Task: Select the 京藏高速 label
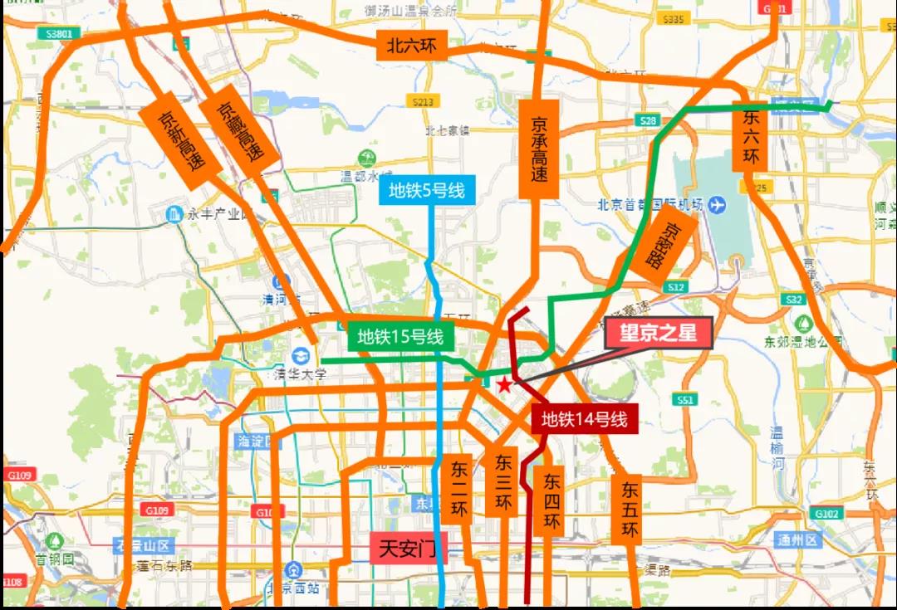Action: click(x=239, y=131)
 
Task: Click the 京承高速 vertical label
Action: click(x=539, y=149)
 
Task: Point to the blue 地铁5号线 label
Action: click(x=428, y=191)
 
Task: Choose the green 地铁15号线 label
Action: click(x=400, y=337)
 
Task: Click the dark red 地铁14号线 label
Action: click(x=585, y=419)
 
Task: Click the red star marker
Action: click(x=503, y=385)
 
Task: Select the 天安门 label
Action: click(x=409, y=549)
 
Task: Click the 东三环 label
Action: click(x=502, y=482)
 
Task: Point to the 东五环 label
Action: click(x=629, y=506)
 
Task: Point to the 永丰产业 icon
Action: click(x=174, y=214)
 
